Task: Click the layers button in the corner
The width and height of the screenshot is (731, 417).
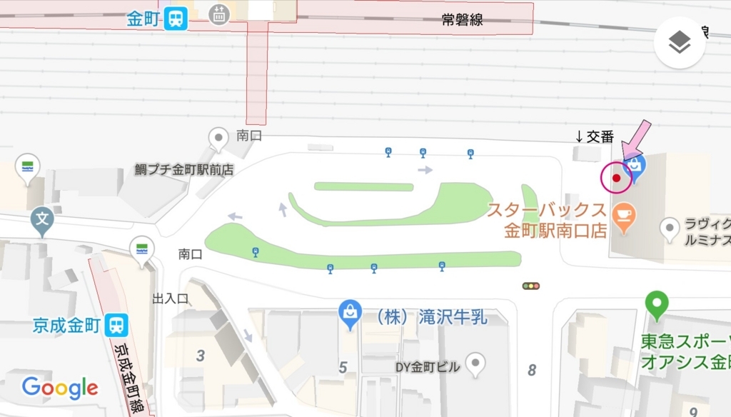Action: (x=680, y=43)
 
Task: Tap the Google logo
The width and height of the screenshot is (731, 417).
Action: (x=60, y=388)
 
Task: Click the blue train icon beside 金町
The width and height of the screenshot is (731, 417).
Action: (x=175, y=19)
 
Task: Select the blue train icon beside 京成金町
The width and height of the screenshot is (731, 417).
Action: (x=116, y=326)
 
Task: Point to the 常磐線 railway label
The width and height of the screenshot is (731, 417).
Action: (x=462, y=20)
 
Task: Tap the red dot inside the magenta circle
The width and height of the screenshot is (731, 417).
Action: (x=616, y=178)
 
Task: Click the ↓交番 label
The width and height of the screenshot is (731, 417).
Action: (x=594, y=136)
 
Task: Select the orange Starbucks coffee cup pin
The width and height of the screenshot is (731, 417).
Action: (x=624, y=216)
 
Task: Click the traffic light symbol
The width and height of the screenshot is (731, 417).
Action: (x=530, y=286)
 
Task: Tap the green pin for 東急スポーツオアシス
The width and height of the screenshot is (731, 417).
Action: (x=657, y=304)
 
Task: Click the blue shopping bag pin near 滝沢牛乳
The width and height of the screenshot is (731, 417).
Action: (x=350, y=313)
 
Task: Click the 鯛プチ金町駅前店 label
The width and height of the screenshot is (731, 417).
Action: (x=184, y=170)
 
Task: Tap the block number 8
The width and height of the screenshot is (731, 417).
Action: (x=532, y=370)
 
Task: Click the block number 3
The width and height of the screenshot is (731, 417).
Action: (x=201, y=355)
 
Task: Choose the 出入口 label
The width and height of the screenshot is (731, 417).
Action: (x=171, y=298)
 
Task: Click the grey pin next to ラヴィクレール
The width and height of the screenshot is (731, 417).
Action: (x=670, y=228)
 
